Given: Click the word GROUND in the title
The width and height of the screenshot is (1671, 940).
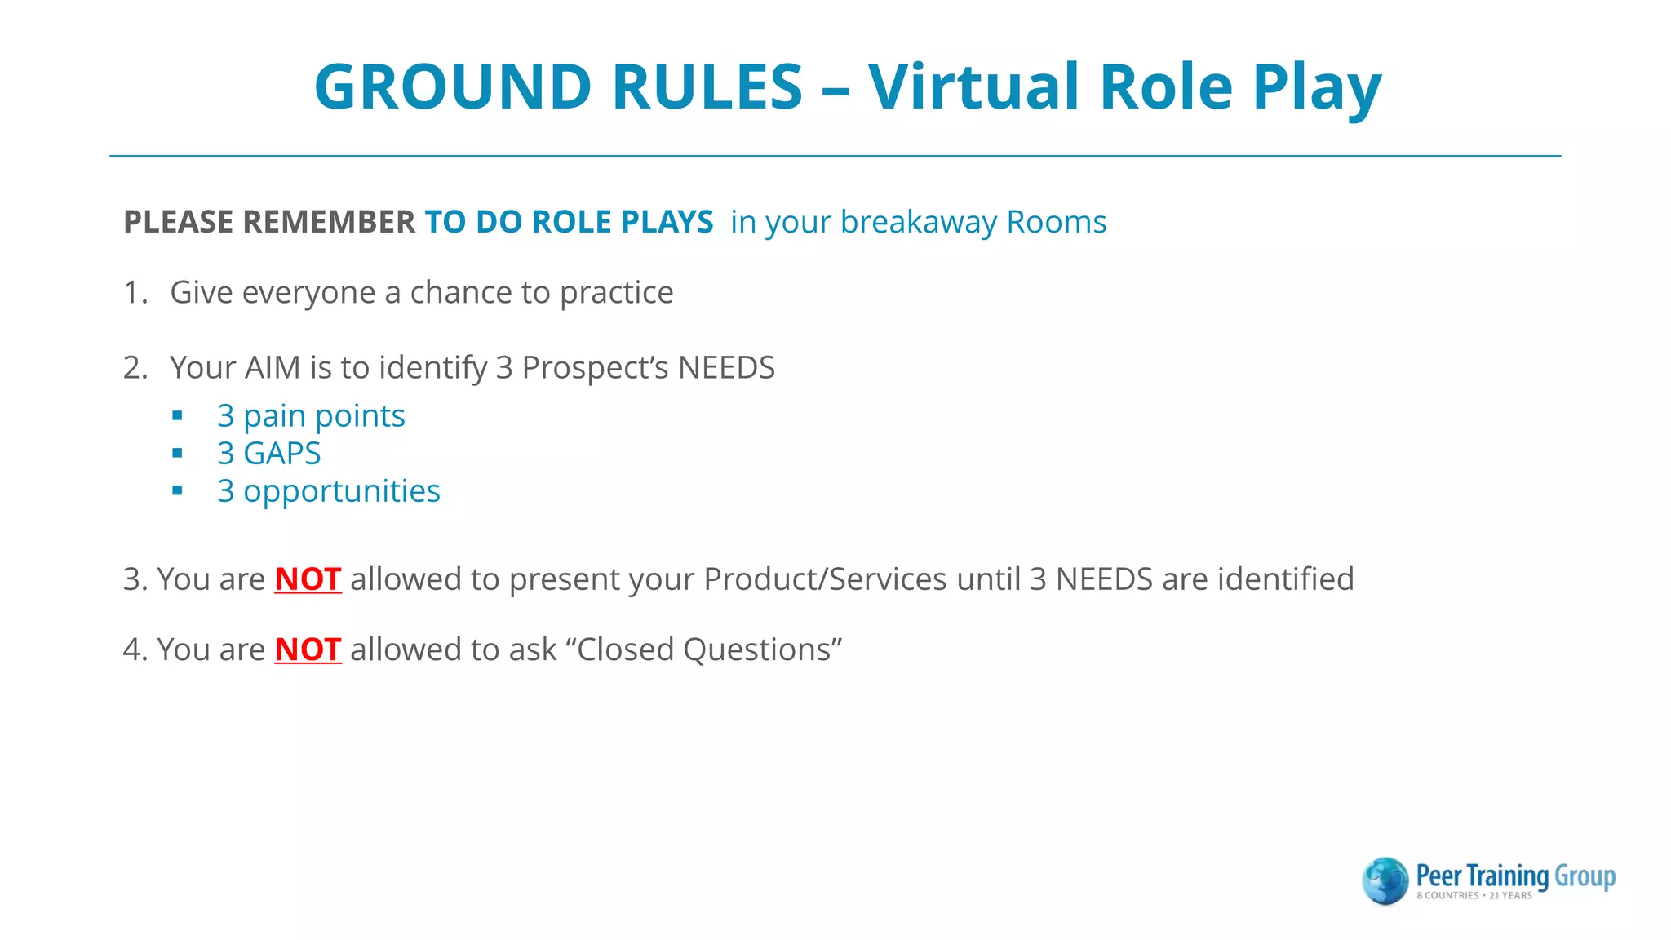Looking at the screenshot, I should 453,86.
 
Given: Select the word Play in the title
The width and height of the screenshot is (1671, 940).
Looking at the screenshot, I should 1316,86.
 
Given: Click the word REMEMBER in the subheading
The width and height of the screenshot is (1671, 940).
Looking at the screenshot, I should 329,222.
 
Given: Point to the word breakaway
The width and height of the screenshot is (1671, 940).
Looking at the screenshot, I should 919,222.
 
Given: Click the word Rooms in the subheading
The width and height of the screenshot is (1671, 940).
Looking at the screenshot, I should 1057,222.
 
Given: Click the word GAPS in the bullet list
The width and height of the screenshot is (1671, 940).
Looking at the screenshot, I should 282,453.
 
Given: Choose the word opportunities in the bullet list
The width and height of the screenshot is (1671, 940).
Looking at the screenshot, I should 342,491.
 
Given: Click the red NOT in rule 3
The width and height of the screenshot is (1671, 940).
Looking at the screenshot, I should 308,579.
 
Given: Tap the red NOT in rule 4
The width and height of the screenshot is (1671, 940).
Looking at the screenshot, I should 308,650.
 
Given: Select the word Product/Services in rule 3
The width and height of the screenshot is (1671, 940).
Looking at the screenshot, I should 825,579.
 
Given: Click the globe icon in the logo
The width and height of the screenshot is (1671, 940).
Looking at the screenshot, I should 1385,881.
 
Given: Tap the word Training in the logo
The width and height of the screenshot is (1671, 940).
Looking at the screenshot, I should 1507,876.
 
